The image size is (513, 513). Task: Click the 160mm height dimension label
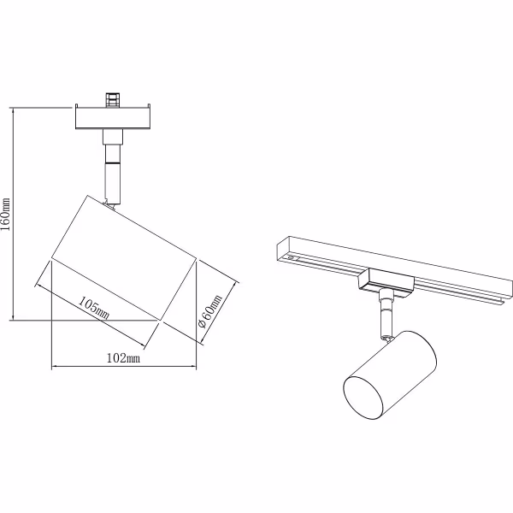point(7,215)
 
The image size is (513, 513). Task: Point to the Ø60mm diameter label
point(209,311)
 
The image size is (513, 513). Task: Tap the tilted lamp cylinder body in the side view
point(124,257)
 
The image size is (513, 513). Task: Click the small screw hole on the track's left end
point(294,256)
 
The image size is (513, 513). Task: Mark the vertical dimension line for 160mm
point(15,215)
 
